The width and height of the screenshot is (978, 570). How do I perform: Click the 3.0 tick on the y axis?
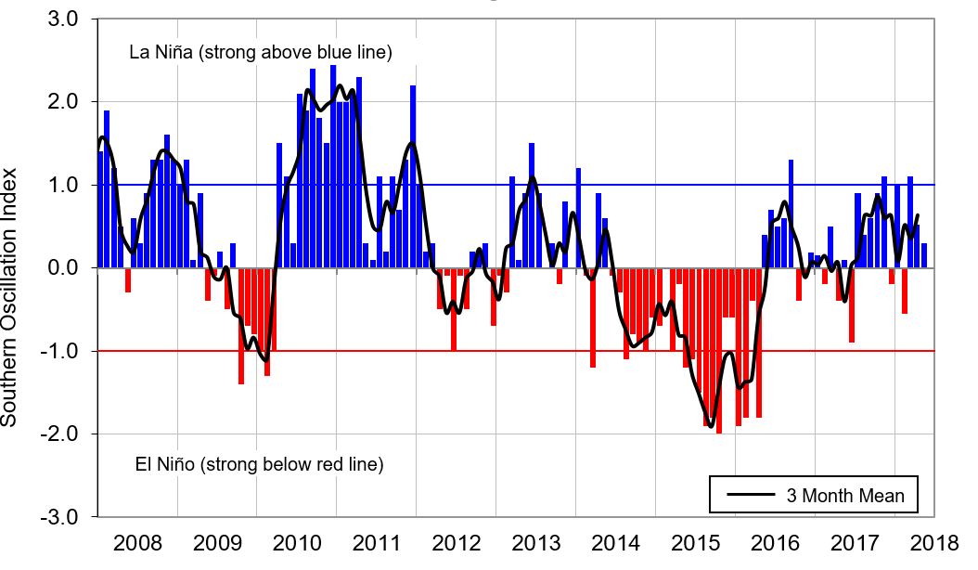[x=62, y=19]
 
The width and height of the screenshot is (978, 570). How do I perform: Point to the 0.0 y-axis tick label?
[x=62, y=268]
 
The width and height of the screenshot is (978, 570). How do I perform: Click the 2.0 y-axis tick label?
[x=62, y=102]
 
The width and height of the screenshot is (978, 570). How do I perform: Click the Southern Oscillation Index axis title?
[x=11, y=297]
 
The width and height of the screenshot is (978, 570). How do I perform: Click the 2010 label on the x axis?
[x=298, y=542]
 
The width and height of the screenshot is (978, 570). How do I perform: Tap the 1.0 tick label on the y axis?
[x=62, y=186]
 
